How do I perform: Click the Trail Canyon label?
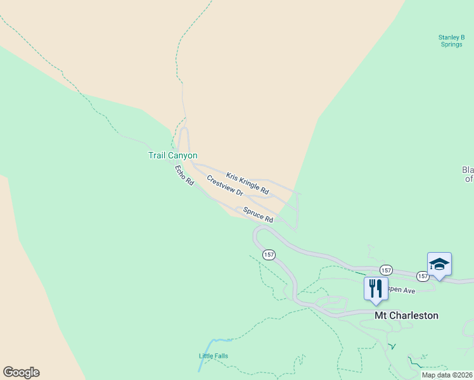(x=173, y=155)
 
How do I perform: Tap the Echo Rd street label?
(x=184, y=175)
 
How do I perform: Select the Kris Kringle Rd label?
(x=247, y=183)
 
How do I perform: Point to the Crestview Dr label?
(x=225, y=186)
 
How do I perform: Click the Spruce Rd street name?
(x=258, y=215)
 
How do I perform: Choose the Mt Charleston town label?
(x=406, y=315)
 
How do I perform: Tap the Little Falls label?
(x=214, y=356)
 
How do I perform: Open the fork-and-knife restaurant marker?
(x=375, y=288)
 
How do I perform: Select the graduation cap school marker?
(x=439, y=264)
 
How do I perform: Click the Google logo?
(x=21, y=372)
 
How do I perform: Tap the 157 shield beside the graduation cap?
(x=423, y=277)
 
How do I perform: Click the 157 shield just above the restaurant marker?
(x=386, y=270)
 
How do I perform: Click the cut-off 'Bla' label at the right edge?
(x=468, y=174)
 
